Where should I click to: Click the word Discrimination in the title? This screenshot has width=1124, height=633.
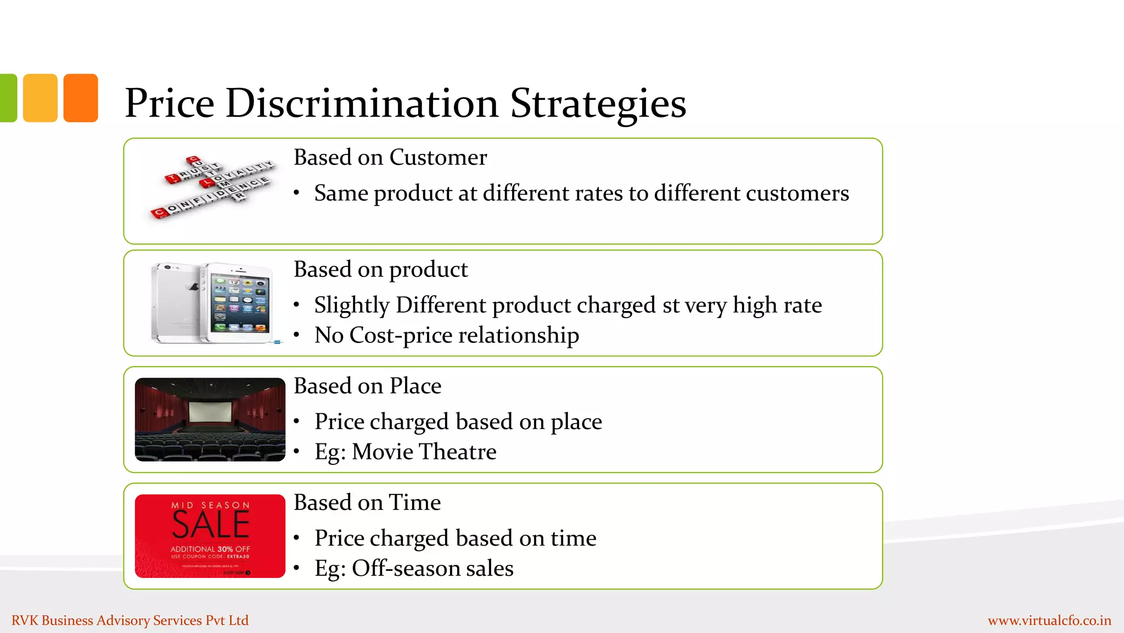(362, 103)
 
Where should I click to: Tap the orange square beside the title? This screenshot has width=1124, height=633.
(81, 98)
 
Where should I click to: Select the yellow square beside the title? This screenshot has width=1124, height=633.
(40, 98)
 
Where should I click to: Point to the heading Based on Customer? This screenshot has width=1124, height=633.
(390, 158)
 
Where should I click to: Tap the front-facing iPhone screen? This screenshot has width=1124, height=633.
(240, 304)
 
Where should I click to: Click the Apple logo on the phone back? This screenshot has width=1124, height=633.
(193, 287)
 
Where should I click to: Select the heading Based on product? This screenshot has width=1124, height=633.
(380, 270)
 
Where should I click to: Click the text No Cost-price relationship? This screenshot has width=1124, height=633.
(446, 335)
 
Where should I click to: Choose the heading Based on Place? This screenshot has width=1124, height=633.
(367, 386)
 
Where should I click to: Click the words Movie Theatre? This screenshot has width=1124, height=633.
(424, 452)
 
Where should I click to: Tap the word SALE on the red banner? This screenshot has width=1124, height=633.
(211, 525)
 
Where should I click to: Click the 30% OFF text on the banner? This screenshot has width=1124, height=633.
(233, 549)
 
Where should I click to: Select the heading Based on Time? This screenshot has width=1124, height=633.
(367, 503)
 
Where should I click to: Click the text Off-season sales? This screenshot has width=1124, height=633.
(432, 568)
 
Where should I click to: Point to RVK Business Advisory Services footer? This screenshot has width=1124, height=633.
(130, 620)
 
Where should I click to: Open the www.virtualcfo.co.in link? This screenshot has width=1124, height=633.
(1049, 620)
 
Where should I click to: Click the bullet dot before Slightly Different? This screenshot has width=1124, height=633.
(296, 306)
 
